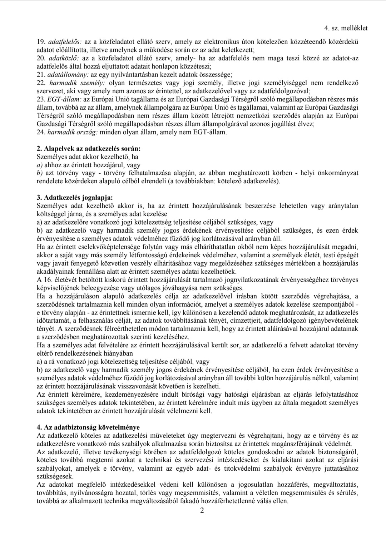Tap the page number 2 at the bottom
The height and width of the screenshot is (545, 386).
pos(202,510)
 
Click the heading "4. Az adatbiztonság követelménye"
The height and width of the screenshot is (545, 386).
pos(88,427)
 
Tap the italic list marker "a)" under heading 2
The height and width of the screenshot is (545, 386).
pos(40,165)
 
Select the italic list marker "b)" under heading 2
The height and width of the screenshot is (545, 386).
pos(40,173)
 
